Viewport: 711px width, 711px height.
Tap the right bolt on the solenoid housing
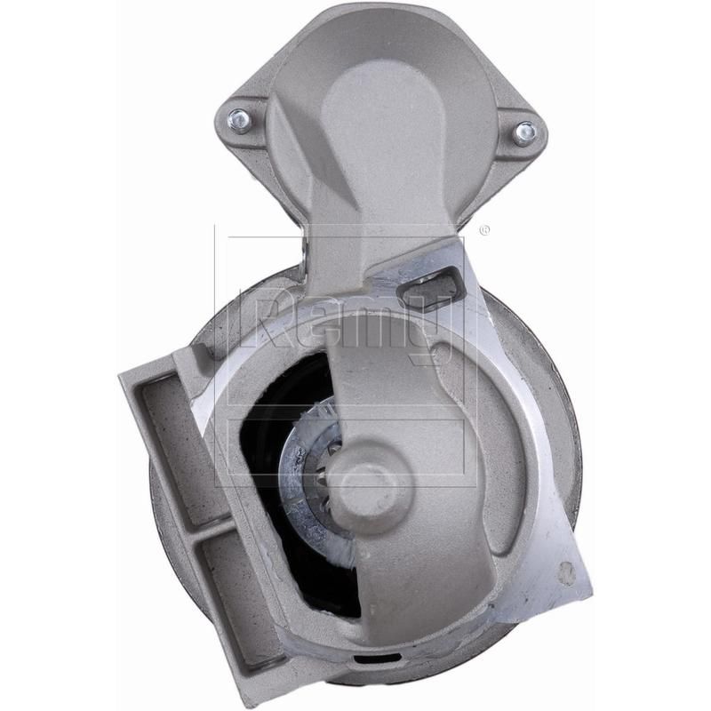(525, 132)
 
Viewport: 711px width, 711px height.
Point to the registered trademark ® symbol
(484, 230)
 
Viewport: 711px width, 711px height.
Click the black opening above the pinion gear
(293, 391)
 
